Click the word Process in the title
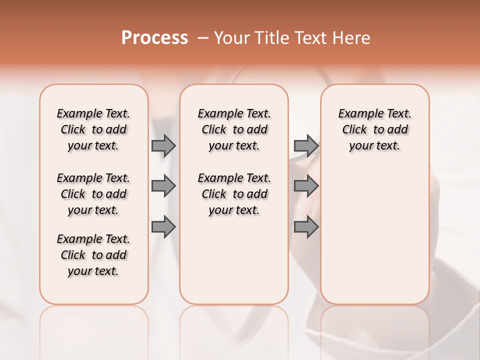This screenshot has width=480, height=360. pyautogui.click(x=154, y=37)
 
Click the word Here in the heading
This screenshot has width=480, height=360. pyautogui.click(x=352, y=38)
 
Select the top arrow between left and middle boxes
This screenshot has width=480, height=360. pyautogui.click(x=163, y=146)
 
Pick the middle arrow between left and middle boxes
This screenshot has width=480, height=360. pyautogui.click(x=163, y=186)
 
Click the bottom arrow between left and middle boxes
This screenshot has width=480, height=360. pyautogui.click(x=163, y=227)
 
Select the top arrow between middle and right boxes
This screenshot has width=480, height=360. pyautogui.click(x=306, y=146)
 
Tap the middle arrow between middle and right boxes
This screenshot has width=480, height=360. pyautogui.click(x=306, y=186)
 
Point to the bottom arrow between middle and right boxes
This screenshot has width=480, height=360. pyautogui.click(x=306, y=227)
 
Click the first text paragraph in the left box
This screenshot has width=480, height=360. pyautogui.click(x=93, y=129)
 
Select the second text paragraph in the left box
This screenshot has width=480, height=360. pyautogui.click(x=93, y=194)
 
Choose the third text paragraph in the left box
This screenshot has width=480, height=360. pyautogui.click(x=93, y=255)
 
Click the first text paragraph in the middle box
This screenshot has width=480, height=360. pyautogui.click(x=234, y=129)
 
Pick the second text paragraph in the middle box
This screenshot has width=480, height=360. pyautogui.click(x=234, y=194)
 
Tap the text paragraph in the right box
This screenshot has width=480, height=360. pyautogui.click(x=375, y=129)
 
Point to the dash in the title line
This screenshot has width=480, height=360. pyautogui.click(x=203, y=38)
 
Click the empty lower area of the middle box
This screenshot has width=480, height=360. pyautogui.click(x=234, y=260)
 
